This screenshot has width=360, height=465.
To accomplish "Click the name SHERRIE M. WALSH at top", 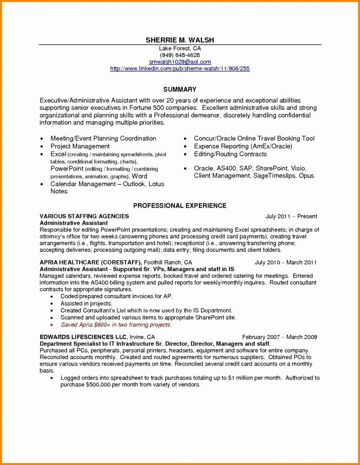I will (x=180, y=40).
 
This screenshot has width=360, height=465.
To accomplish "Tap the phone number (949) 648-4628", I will (x=180, y=55).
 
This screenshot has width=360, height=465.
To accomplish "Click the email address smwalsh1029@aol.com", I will (x=180, y=62).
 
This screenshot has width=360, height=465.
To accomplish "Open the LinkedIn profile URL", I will (x=180, y=69).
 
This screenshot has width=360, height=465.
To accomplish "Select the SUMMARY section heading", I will (x=180, y=90).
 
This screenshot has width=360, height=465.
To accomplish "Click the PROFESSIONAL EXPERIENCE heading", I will (x=180, y=205).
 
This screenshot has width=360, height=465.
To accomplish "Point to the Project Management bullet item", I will (x=80, y=146).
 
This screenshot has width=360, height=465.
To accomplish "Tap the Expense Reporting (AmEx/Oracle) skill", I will (x=243, y=146).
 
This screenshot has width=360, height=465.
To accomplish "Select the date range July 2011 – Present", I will (x=291, y=217).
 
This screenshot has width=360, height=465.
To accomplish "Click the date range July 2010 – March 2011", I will (x=286, y=262).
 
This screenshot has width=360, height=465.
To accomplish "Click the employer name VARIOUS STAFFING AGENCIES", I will (x=84, y=217).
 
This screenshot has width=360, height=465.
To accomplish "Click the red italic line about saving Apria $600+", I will (x=116, y=325).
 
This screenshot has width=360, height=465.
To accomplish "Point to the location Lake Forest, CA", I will (x=180, y=48).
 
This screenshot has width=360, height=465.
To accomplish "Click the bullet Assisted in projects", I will (x=86, y=303).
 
